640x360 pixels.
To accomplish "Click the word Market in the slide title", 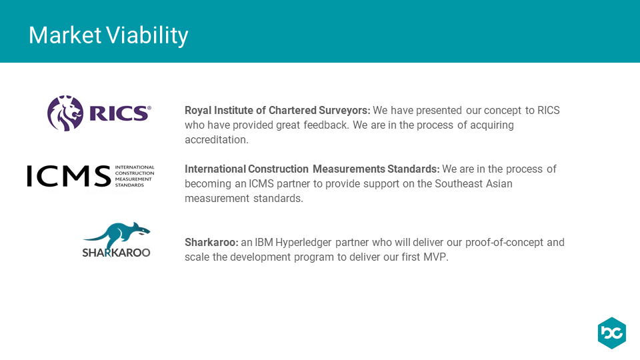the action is pos(65,35).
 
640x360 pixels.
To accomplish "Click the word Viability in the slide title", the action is pos(148,36).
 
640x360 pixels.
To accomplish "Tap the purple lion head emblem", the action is pos(65,113).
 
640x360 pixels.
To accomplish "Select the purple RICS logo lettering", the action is pos(120,113).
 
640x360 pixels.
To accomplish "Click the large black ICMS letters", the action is pos(69,176).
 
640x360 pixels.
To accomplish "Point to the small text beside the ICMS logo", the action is pos(135,176).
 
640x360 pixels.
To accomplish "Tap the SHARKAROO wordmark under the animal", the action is pos(116,253).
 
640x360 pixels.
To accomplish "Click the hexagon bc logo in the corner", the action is pos(612,333).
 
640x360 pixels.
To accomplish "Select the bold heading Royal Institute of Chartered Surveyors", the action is pos(277,111).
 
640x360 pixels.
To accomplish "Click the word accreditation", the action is pos(216,140).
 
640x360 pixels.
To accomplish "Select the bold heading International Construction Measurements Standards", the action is pos(312,169).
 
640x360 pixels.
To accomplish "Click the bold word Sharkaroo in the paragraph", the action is pos(211,243).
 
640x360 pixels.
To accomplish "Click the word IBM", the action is pos(264,243).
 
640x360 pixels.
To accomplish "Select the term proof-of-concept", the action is pos(505,243).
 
